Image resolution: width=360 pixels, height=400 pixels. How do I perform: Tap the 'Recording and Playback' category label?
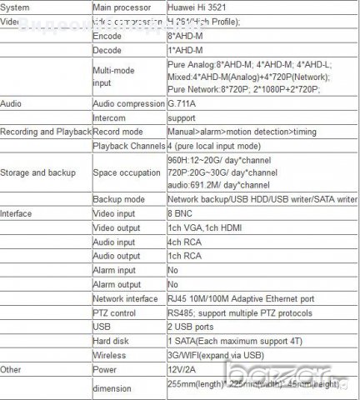click(46, 132)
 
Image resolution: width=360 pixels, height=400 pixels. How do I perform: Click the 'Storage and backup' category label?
click(38, 173)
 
